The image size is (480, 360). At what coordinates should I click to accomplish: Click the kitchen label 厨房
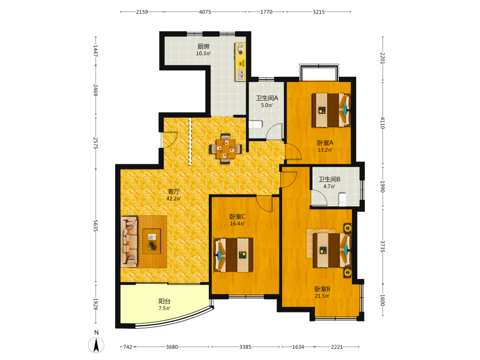[203, 47]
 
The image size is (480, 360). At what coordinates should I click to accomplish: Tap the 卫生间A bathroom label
[267, 98]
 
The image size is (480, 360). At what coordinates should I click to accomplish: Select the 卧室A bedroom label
[325, 143]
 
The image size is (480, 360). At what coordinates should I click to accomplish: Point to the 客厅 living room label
[174, 192]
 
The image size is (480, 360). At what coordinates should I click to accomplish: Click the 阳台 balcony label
[164, 301]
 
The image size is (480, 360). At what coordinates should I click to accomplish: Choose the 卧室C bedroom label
[238, 217]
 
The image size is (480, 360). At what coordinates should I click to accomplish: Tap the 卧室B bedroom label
[323, 289]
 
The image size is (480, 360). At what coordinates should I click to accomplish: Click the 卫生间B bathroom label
[329, 180]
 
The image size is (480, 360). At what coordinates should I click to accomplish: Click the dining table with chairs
[226, 149]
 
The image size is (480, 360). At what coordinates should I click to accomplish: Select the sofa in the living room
[129, 242]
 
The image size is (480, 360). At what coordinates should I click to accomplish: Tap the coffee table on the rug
[152, 241]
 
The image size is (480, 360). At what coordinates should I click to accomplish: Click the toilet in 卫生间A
[255, 124]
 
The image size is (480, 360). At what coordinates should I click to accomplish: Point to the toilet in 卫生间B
[342, 199]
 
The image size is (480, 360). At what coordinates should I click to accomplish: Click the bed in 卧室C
[234, 255]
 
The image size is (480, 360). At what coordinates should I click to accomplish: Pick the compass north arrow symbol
[96, 345]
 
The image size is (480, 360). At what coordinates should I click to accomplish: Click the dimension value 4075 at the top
[205, 12]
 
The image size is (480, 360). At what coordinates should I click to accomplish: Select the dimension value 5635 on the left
[96, 226]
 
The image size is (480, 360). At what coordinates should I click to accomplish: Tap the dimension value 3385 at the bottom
[245, 347]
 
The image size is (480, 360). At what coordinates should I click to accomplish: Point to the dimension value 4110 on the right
[383, 123]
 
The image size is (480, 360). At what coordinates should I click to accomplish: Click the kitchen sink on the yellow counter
[240, 75]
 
